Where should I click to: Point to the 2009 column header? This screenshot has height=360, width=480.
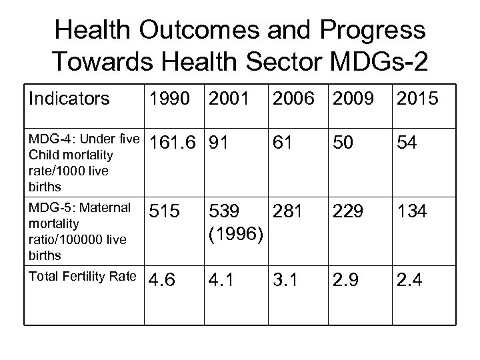353,100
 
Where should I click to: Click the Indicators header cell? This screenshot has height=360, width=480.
69,100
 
